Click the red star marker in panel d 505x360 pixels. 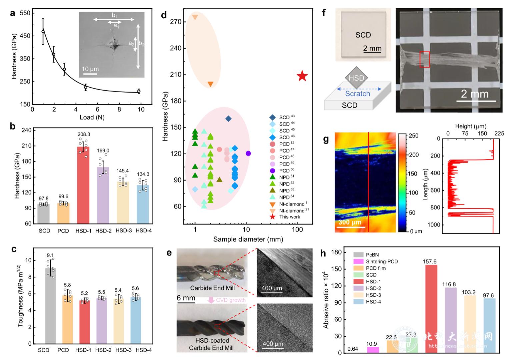coord(302,76)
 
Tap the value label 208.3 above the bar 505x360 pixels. coord(83,135)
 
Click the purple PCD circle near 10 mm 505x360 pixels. coord(248,154)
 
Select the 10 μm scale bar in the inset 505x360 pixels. coord(90,74)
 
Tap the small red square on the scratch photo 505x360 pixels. coord(424,60)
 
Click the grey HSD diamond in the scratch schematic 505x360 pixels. coord(356,78)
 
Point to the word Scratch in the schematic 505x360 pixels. coord(357,94)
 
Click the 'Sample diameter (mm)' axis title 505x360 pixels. coord(248,239)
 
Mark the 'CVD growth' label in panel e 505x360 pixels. coord(231,300)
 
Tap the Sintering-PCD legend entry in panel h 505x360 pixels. coord(382,261)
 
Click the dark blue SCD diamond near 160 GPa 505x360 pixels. coord(228,119)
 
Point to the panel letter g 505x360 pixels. coord(326,140)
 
